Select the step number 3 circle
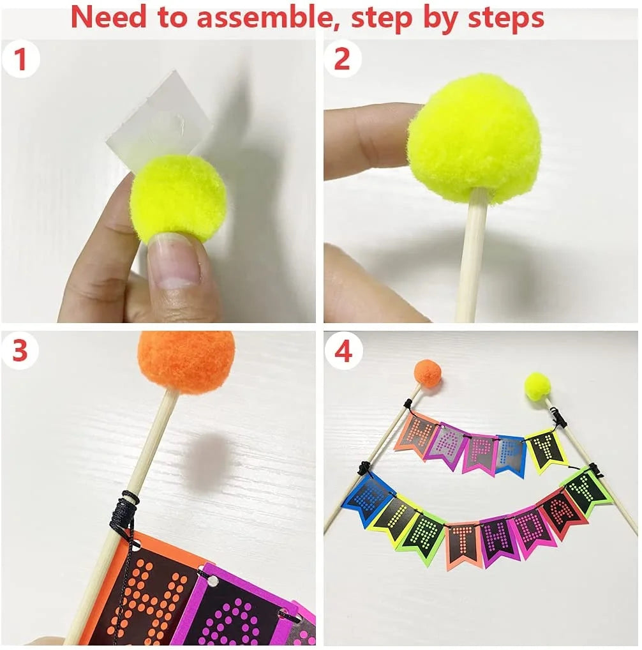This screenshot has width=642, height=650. [20, 351]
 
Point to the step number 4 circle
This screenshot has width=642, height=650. [343, 351]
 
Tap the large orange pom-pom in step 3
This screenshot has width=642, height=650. [186, 361]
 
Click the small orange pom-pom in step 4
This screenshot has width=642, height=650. [428, 374]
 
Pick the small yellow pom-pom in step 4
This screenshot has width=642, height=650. [537, 386]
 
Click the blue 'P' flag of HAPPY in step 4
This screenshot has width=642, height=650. [511, 455]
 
